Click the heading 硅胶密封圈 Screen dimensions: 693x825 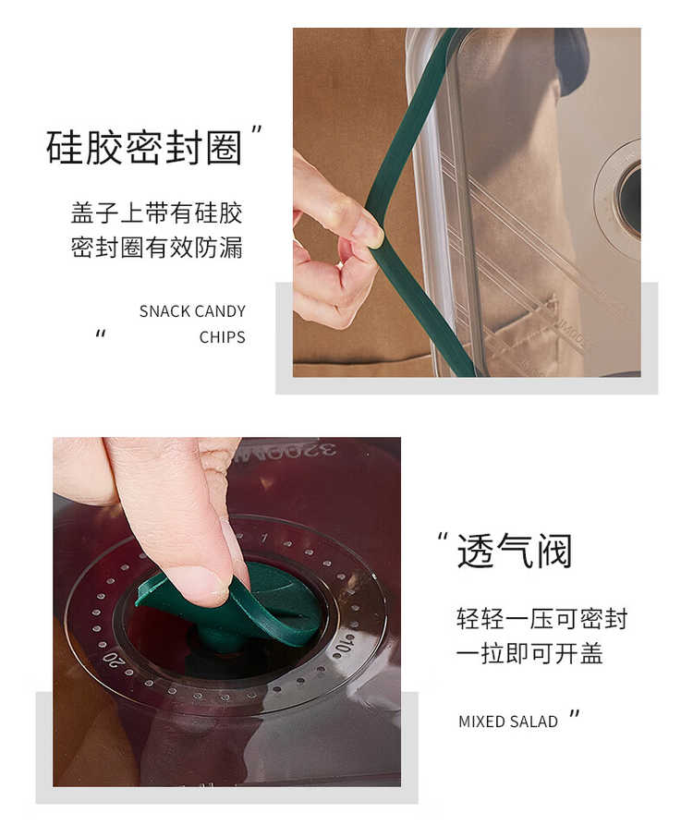pyautogui.click(x=143, y=147)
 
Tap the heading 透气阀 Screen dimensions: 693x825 pyautogui.click(x=514, y=551)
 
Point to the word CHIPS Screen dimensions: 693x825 pyautogui.click(x=222, y=337)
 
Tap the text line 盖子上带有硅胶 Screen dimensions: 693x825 pyautogui.click(x=156, y=213)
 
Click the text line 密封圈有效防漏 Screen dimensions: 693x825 pyautogui.click(x=156, y=248)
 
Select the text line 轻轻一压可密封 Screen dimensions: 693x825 pyautogui.click(x=542, y=619)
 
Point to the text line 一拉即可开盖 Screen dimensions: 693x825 pyautogui.click(x=529, y=653)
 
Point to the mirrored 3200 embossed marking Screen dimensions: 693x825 pyautogui.click(x=285, y=452)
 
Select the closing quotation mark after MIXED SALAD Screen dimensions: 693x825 pyautogui.click(x=574, y=715)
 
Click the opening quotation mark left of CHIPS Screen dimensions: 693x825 pyautogui.click(x=101, y=334)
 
